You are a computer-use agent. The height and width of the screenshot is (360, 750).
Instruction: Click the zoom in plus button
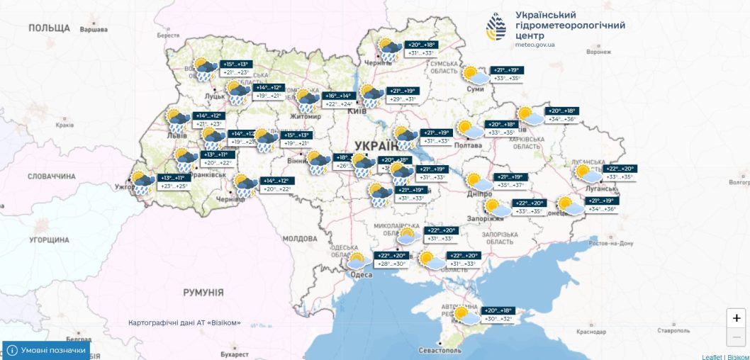coord(737,318)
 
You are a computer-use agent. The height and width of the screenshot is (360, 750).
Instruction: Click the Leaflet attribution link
coord(711,356)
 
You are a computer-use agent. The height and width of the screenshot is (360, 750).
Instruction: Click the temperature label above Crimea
coord(497,315)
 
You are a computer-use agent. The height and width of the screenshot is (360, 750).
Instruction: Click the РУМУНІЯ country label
coord(203,292)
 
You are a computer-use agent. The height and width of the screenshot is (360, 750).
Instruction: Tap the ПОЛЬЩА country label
coord(49,28)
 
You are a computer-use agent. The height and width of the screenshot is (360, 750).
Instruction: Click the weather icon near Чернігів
coord(388,50)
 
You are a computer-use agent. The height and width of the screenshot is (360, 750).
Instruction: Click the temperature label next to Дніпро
coord(509,181)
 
